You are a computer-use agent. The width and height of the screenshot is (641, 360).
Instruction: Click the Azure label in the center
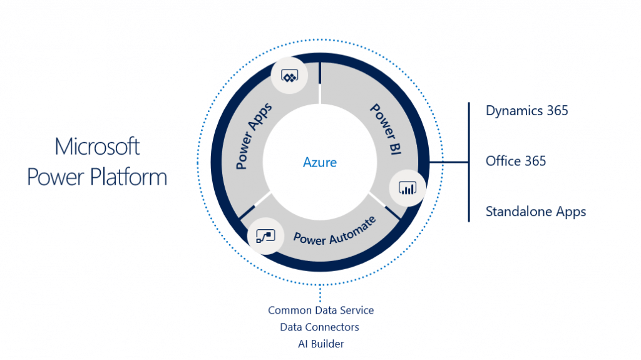[320, 162]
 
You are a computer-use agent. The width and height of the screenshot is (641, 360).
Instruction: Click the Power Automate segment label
[335, 230]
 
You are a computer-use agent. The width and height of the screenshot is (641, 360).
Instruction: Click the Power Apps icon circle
[289, 76]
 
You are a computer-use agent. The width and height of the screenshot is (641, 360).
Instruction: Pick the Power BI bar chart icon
[408, 188]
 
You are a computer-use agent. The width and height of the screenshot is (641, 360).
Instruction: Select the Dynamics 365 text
[526, 111]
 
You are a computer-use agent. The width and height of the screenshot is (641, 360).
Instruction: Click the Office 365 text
[516, 161]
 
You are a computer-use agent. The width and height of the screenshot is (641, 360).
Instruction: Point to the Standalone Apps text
[536, 212]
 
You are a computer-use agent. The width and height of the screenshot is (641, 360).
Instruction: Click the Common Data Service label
[320, 310]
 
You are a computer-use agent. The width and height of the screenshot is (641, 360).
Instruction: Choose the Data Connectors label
[320, 327]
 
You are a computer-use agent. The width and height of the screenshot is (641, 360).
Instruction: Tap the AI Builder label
[320, 344]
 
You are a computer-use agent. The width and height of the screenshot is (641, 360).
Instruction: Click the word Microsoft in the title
[97, 147]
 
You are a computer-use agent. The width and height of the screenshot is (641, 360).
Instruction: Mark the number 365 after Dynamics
[556, 111]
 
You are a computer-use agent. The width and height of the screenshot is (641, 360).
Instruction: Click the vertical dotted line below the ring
[320, 292]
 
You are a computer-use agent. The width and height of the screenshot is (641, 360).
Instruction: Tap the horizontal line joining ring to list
[449, 162]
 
